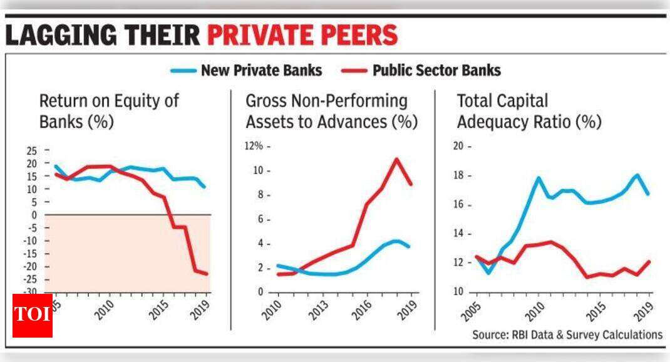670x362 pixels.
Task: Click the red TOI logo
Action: coord(33,314)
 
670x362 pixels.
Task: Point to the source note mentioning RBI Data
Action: coord(567,334)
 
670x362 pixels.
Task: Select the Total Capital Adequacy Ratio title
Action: coord(529,111)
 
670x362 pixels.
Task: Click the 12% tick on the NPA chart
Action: coord(255,146)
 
